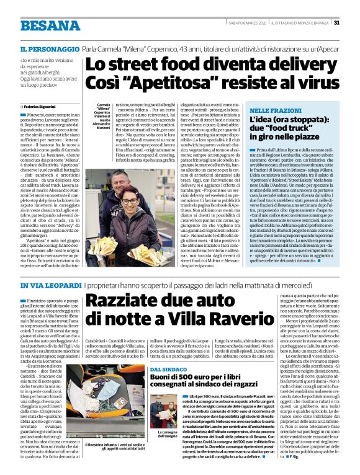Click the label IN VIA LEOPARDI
49,285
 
